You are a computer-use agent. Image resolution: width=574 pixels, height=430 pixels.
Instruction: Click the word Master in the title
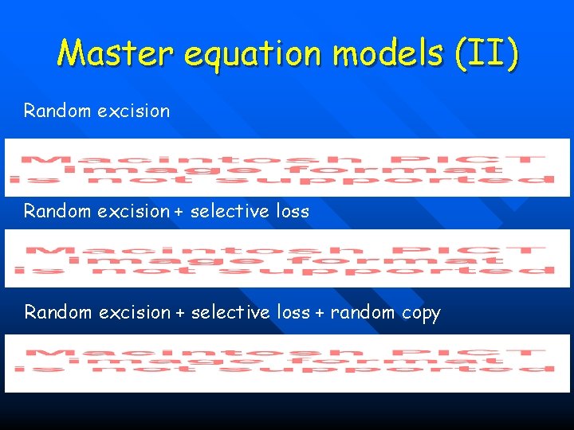pos(116,54)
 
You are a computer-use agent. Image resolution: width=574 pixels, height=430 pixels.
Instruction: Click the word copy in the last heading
pos(421,313)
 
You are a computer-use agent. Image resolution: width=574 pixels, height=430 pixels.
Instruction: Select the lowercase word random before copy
pos(364,313)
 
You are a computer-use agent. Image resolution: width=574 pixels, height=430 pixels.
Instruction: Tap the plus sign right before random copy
pos(320,313)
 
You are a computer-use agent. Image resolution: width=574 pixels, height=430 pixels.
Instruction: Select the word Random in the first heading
pos(58,111)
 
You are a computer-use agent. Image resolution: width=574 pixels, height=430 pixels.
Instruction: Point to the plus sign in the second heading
pos(181,212)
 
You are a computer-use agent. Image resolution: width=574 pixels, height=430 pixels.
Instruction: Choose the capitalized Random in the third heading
pos(58,313)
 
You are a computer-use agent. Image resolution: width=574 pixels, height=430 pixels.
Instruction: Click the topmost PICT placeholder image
pos(287,167)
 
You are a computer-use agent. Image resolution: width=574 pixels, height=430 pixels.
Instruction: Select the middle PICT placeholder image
pos(287,259)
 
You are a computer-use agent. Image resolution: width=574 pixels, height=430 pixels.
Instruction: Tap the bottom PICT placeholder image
pos(287,363)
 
